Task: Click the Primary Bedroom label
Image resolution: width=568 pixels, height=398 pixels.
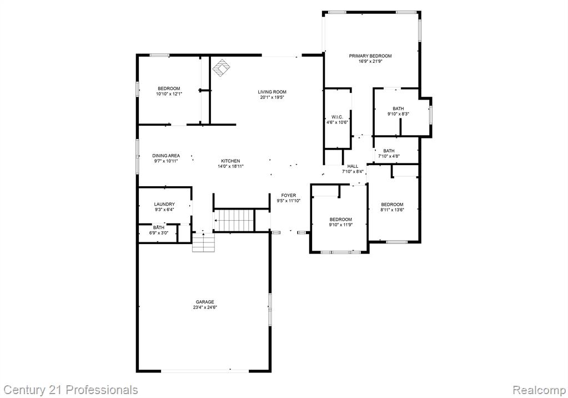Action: (370, 56)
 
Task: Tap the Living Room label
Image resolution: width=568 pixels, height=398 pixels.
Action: (272, 92)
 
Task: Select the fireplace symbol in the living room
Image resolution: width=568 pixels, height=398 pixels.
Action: (221, 68)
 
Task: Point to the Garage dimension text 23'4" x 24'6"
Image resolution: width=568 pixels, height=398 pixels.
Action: (205, 307)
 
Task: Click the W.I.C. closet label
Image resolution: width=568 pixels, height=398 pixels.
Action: (337, 117)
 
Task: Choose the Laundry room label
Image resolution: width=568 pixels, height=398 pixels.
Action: (164, 204)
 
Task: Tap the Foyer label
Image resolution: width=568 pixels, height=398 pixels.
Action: (289, 195)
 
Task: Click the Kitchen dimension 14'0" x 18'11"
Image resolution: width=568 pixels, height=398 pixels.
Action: (231, 167)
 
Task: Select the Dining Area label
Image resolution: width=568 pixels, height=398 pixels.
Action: (166, 156)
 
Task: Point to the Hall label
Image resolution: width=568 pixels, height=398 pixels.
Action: (353, 166)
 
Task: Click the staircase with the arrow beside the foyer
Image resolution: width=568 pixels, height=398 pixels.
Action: (234, 220)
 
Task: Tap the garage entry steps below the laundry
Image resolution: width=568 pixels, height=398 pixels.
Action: (204, 242)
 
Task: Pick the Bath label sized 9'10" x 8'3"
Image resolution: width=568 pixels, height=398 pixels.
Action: (398, 108)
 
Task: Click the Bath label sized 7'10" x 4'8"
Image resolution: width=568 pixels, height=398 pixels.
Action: (389, 151)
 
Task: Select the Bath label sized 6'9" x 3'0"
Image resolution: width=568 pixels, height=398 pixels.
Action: (159, 227)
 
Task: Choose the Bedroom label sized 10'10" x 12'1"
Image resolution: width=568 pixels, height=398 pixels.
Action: (169, 88)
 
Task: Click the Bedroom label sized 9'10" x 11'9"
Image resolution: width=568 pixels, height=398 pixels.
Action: (341, 220)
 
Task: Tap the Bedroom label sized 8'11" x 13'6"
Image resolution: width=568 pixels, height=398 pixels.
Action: (393, 204)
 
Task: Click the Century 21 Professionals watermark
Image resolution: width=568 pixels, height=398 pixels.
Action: (71, 390)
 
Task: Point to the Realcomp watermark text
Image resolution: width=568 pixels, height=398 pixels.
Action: (539, 391)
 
